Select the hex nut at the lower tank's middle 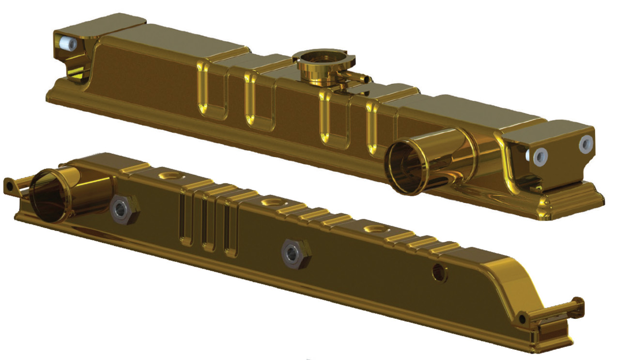(293, 253)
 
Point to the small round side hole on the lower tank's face (439, 274)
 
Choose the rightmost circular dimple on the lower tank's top (374, 228)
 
